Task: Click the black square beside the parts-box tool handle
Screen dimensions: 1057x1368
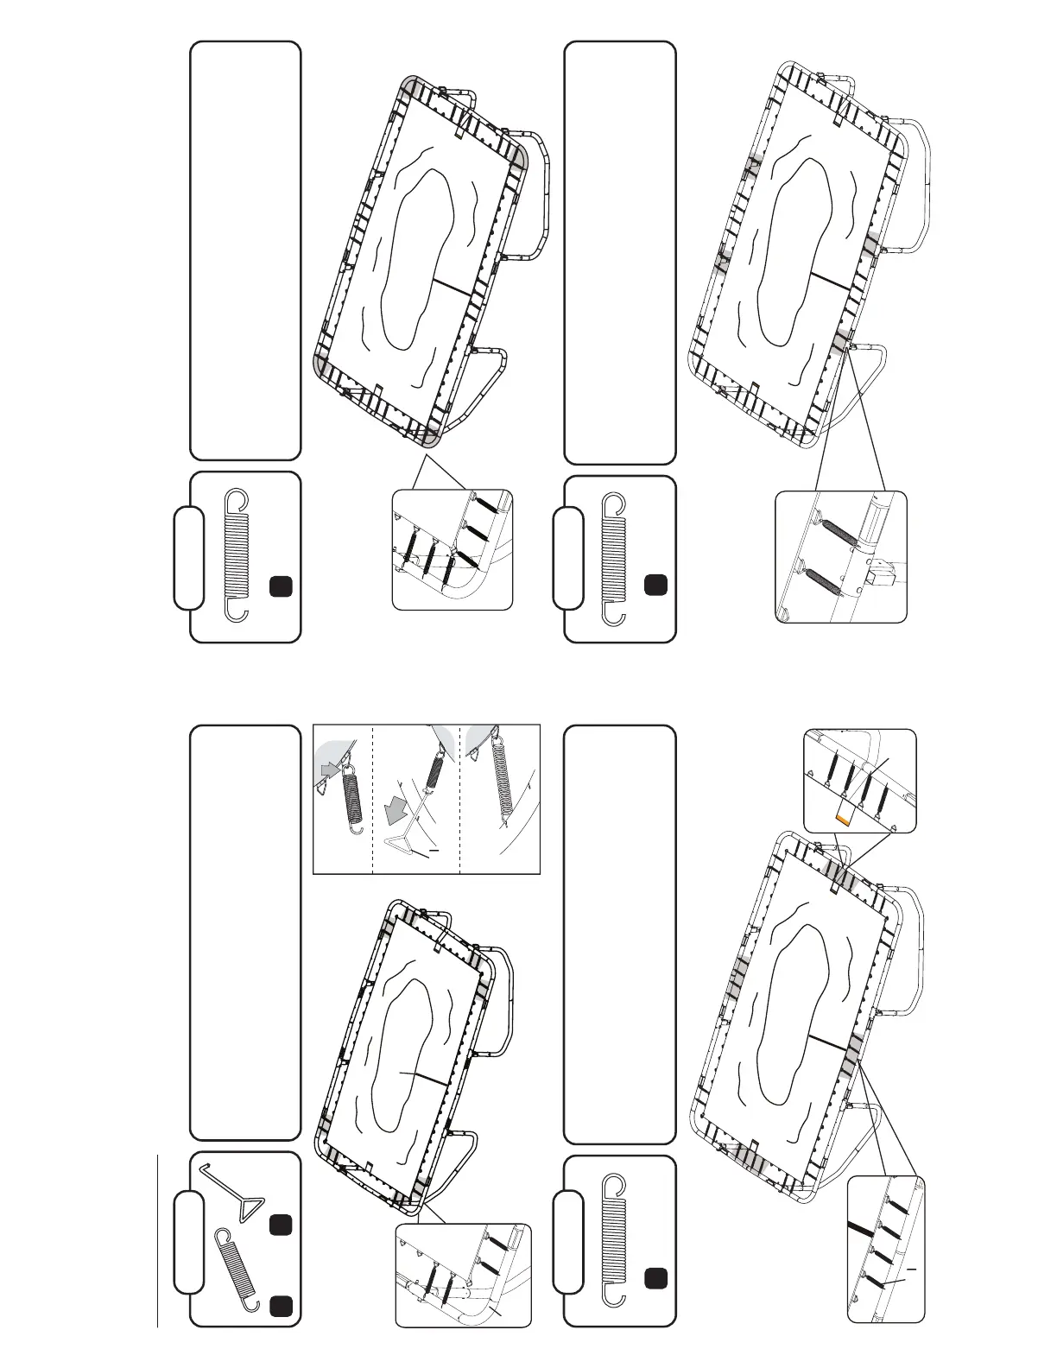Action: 282,1225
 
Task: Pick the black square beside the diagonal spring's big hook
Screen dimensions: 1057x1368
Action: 282,1305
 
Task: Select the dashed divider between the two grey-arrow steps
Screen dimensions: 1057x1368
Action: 372,799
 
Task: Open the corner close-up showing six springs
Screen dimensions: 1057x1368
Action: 452,549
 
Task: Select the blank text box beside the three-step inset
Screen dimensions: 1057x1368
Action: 245,933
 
